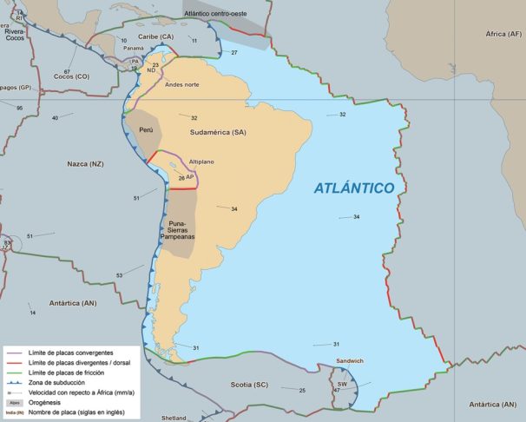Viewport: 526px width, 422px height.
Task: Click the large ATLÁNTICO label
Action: click(353, 188)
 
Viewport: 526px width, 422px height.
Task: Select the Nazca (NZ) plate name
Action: click(85, 163)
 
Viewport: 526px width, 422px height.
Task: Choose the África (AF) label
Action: click(503, 34)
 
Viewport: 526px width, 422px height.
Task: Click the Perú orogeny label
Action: click(146, 130)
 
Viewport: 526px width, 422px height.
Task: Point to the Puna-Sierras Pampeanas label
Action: click(177, 231)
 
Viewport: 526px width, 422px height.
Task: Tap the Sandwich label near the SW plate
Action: click(350, 360)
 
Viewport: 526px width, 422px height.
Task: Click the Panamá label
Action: click(134, 49)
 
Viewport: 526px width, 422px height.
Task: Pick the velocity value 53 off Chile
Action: click(119, 275)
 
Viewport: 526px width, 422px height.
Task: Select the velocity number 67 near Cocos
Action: click(67, 71)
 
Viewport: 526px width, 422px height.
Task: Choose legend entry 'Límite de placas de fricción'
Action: click(74, 372)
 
